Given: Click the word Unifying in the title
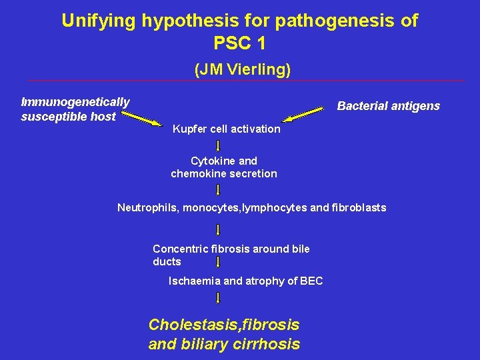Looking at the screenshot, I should pos(99,21).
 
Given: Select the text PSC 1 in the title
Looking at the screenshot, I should pos(239,43).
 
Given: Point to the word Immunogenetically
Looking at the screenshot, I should pos(75,102).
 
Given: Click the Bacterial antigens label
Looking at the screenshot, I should pos(389,106).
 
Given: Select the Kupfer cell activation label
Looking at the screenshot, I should pos(226,129).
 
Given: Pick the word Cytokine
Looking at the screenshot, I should pos(210,161).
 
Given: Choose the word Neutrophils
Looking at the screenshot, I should pos(148,207).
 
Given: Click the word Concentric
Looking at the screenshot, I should pos(180,249).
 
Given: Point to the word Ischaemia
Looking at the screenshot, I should pos(194,281).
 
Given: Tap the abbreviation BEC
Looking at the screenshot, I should pos(311,281).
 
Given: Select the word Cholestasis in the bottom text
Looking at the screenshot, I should pos(189,325).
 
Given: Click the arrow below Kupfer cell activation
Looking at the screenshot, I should pos(219,145).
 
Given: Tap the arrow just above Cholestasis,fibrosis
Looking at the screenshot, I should pos(219,297).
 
